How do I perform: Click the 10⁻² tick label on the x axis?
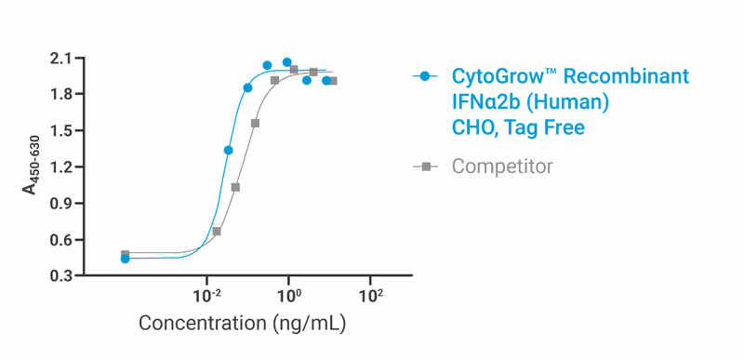[206, 295]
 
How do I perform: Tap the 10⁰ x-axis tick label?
[288, 295]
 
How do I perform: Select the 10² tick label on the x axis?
[370, 295]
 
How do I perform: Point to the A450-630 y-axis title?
[32, 167]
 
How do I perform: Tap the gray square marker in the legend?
[426, 167]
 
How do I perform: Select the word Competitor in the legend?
[502, 167]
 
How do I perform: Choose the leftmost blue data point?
[125, 259]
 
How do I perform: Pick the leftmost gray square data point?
[125, 254]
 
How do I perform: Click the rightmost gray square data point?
[333, 81]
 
